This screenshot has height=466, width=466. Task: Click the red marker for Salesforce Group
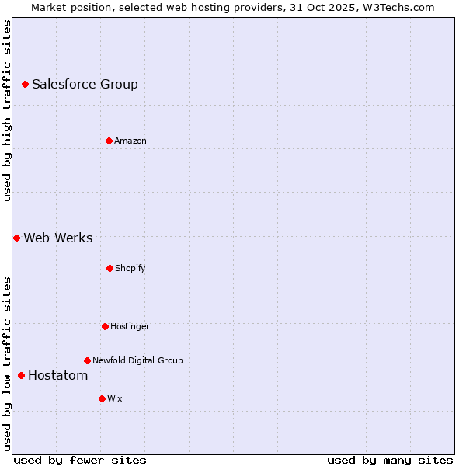(x=25, y=84)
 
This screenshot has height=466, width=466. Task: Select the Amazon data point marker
(x=109, y=141)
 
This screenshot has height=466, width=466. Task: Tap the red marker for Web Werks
(x=16, y=238)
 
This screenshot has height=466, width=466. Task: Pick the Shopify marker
(x=110, y=268)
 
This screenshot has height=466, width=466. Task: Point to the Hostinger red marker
(x=105, y=326)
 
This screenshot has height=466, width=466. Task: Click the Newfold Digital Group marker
(x=87, y=360)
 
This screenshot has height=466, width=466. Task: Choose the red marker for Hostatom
(x=21, y=376)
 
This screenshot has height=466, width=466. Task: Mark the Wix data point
(x=102, y=398)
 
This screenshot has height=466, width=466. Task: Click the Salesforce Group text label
(x=85, y=84)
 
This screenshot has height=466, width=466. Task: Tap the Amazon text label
(x=130, y=141)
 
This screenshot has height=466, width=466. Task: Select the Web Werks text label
(x=57, y=238)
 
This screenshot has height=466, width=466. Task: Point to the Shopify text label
(x=130, y=268)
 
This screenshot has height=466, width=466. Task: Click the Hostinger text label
(x=130, y=326)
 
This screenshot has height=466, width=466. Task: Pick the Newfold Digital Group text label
(x=137, y=360)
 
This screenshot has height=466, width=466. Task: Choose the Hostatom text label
(x=57, y=376)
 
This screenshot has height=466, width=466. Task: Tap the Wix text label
(x=114, y=398)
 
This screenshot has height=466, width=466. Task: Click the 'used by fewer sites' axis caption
(x=80, y=460)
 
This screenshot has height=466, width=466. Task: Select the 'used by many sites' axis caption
(x=390, y=460)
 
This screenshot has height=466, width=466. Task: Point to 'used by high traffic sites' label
(x=7, y=110)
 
